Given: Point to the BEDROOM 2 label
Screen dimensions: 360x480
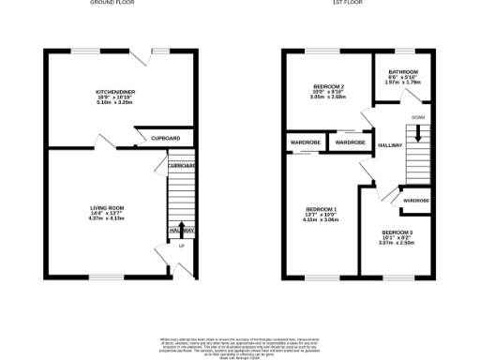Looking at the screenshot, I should click(x=329, y=86).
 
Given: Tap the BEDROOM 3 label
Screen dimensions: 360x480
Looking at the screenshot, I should click(x=397, y=232).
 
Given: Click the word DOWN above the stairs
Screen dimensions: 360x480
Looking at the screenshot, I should click(x=418, y=117).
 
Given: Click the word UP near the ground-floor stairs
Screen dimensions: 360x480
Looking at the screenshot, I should click(x=181, y=247).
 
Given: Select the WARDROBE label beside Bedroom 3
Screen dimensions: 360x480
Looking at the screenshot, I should click(x=416, y=201).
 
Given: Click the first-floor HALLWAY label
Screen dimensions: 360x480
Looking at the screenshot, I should click(x=390, y=145).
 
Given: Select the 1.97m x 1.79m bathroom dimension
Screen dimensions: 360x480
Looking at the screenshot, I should click(x=403, y=82).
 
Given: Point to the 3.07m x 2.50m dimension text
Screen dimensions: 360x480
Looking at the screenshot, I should click(x=397, y=243).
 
